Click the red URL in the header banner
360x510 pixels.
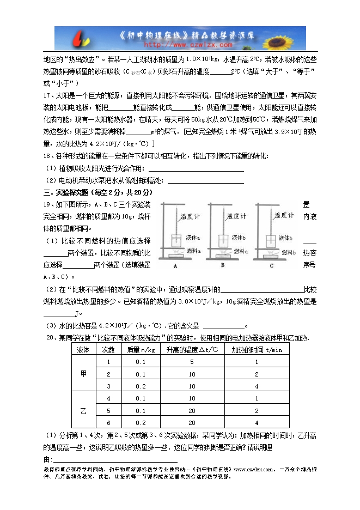point(180,45)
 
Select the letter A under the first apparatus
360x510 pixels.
point(175,266)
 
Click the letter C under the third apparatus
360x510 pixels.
point(271,266)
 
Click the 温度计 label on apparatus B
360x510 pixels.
point(237,216)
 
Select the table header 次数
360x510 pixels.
point(109,350)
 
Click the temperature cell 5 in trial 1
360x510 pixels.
point(192,362)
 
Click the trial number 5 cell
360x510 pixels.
point(109,410)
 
